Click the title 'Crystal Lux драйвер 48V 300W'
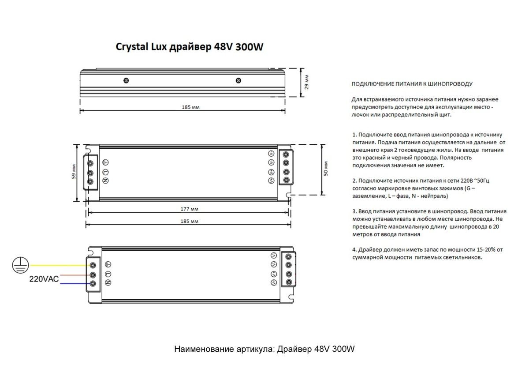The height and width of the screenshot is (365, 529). (189, 47)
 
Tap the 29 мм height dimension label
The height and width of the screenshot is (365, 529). (307, 82)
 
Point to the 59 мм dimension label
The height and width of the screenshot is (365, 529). (74, 172)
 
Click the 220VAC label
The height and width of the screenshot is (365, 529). (44, 279)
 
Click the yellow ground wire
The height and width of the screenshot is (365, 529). (57, 265)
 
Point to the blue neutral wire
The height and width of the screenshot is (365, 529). (62, 284)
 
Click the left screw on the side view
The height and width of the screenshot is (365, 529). (126, 81)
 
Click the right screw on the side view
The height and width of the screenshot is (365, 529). (238, 81)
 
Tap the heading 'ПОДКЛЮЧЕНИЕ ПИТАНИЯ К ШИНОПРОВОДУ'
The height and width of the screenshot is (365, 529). (412, 83)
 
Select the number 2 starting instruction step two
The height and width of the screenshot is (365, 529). (354, 181)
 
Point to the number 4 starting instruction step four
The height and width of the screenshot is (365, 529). (354, 249)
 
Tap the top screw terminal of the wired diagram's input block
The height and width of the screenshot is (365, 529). (93, 265)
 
